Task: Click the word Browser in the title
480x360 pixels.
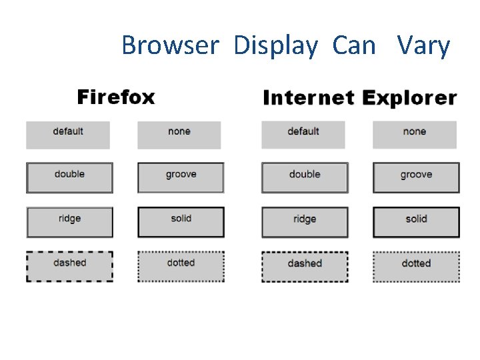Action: (x=170, y=46)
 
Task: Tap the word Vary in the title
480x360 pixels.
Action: (x=423, y=46)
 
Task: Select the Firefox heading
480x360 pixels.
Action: (x=116, y=97)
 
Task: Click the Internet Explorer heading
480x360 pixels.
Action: (x=360, y=99)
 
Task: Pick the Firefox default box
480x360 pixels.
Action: (x=68, y=135)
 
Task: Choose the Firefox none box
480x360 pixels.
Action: (x=179, y=135)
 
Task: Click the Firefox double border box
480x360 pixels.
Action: (x=69, y=177)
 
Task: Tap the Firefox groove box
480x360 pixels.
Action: (x=181, y=177)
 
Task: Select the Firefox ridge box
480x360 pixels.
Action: (x=69, y=222)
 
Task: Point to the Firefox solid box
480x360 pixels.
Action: (x=181, y=222)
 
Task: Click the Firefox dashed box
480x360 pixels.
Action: (x=69, y=266)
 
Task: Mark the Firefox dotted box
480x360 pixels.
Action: (x=181, y=266)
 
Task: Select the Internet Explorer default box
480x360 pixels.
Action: (x=303, y=135)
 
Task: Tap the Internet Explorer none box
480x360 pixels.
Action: (x=415, y=135)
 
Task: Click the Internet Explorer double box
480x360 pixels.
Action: (x=305, y=177)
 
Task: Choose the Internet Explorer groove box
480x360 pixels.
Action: (x=416, y=177)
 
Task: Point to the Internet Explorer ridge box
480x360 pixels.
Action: (x=305, y=222)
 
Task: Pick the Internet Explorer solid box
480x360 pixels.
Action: (x=416, y=222)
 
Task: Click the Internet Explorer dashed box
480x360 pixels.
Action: (x=305, y=267)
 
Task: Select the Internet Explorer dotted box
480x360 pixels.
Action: (x=416, y=267)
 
